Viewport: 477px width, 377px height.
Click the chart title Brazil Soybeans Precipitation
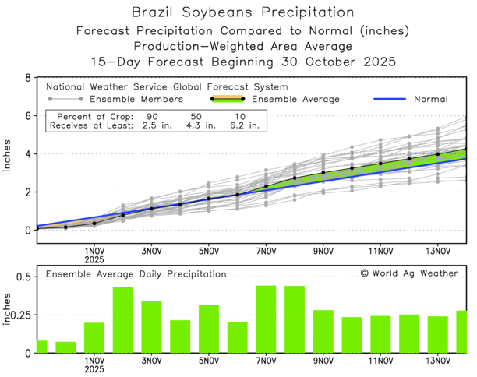pyautogui.click(x=238, y=12)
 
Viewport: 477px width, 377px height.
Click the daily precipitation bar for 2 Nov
pyautogui.click(x=122, y=320)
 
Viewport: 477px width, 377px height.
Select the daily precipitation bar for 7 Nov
pyautogui.click(x=266, y=319)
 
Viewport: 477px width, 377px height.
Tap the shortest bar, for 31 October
pyautogui.click(x=65, y=347)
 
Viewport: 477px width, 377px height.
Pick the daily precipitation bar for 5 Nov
pyautogui.click(x=208, y=329)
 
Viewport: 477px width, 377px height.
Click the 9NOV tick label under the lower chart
pyautogui.click(x=323, y=361)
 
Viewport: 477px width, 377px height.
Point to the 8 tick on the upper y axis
pyautogui.click(x=28, y=79)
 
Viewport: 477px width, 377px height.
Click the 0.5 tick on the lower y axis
pyautogui.click(x=23, y=277)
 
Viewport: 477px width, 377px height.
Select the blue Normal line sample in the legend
pyautogui.click(x=390, y=100)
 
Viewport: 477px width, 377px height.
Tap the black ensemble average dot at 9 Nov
pyautogui.click(x=323, y=173)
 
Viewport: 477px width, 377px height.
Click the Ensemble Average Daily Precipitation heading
pyautogui.click(x=136, y=274)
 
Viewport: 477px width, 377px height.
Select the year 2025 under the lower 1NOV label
pyautogui.click(x=94, y=370)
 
